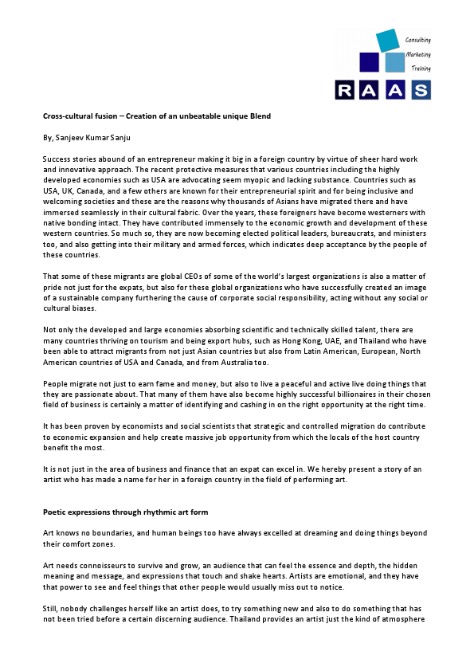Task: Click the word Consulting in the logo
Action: click(x=418, y=39)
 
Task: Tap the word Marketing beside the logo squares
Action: click(x=418, y=54)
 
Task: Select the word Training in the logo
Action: click(x=420, y=69)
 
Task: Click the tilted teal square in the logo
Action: click(x=386, y=40)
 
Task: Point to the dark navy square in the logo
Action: click(x=369, y=62)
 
